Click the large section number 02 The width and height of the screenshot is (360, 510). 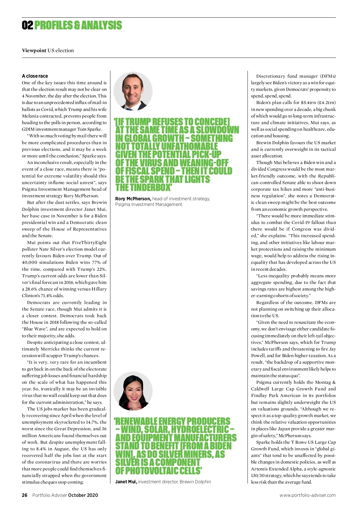pyautogui.click(x=27, y=25)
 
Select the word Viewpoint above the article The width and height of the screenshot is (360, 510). pyautogui.click(x=34, y=50)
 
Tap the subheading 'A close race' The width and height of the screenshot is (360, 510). pyautogui.click(x=35, y=76)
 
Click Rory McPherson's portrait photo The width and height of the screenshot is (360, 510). pyautogui.click(x=133, y=91)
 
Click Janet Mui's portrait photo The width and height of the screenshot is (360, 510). pyautogui.click(x=133, y=391)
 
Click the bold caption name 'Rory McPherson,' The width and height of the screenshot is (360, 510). pyautogui.click(x=133, y=198)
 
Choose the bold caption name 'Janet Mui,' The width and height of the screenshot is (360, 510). pyautogui.click(x=126, y=482)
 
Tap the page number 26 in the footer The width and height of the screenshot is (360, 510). pyautogui.click(x=25, y=495)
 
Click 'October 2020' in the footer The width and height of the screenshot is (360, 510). pyautogui.click(x=83, y=495)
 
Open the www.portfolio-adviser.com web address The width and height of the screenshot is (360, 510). pyautogui.click(x=307, y=495)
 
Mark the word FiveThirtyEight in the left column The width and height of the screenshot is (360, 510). pyautogui.click(x=89, y=242)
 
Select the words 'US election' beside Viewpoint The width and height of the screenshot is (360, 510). pyautogui.click(x=61, y=50)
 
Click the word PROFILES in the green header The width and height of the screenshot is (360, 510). pyautogui.click(x=53, y=25)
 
